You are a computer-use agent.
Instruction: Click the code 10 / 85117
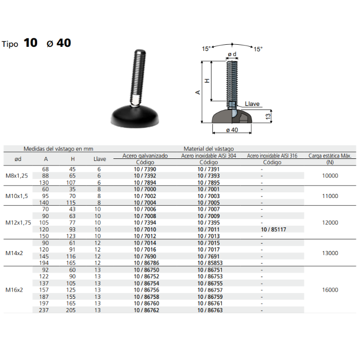click(274, 229)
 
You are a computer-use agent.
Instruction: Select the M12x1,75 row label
click(18, 223)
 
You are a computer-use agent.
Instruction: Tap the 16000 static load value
click(330, 290)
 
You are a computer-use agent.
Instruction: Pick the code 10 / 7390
click(145, 169)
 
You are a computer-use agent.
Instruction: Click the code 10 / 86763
click(210, 310)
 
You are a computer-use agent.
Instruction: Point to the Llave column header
click(100, 159)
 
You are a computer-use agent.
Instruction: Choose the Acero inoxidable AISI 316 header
click(272, 156)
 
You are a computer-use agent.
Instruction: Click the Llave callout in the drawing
click(252, 104)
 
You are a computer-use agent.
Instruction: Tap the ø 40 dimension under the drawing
click(232, 130)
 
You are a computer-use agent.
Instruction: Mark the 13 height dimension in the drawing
click(268, 116)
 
